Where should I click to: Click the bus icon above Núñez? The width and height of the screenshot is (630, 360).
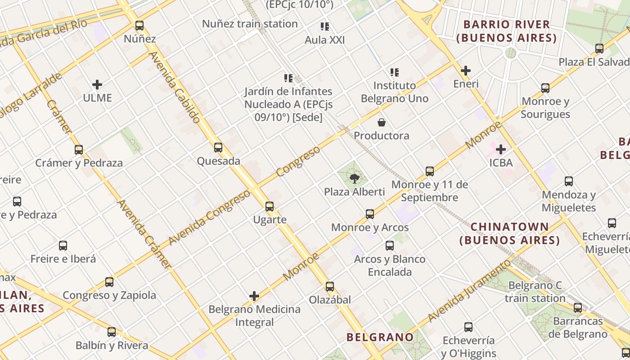pos(139,26)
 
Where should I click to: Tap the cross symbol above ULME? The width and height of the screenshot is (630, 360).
pos(97,85)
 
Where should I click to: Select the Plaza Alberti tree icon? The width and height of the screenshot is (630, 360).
pos(355,179)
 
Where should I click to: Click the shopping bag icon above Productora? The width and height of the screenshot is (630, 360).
pos(382,122)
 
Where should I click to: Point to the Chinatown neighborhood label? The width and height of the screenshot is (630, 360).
pos(510,233)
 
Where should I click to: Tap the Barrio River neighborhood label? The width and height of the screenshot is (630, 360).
pos(506,31)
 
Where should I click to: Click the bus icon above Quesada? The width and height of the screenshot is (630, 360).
pos(218,148)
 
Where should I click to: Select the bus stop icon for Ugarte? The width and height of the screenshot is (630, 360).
pos(270,207)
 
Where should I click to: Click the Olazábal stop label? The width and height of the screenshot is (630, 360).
pos(330,300)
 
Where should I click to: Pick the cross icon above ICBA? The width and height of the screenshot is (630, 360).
pos(501,149)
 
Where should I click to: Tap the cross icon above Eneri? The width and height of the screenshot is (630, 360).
pos(466,71)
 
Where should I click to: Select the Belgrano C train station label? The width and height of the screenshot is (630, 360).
pos(535,292)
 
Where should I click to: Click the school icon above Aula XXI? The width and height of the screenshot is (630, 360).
pos(325,27)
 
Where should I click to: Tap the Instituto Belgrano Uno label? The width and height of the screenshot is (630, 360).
pos(395,92)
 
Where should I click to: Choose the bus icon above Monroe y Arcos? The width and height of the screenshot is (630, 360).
pos(370,214)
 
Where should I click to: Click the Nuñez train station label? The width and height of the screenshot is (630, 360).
pos(250,24)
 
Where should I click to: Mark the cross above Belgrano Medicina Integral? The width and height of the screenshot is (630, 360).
pos(254,296)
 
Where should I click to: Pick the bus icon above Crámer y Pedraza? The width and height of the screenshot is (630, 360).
pos(79,150)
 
